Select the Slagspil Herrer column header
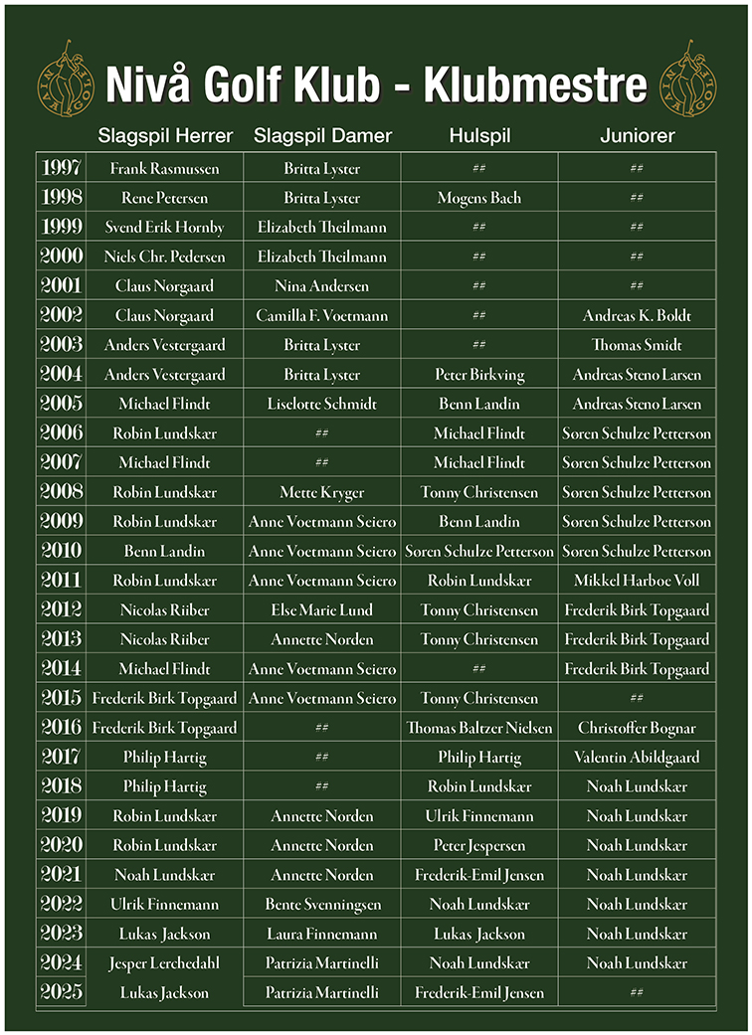pyautogui.click(x=165, y=136)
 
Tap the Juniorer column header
pyautogui.click(x=637, y=136)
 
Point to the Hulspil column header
pyautogui.click(x=479, y=136)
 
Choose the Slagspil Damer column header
pyautogui.click(x=323, y=136)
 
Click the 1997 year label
pyautogui.click(x=62, y=168)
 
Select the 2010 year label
pyautogui.click(x=62, y=551)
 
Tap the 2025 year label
pyautogui.click(x=62, y=992)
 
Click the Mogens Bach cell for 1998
pyautogui.click(x=479, y=198)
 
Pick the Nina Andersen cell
pyautogui.click(x=322, y=286)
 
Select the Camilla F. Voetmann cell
pyautogui.click(x=322, y=316)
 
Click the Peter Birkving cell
pyautogui.click(x=479, y=375)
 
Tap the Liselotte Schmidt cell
pyautogui.click(x=322, y=405)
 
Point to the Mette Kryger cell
pyautogui.click(x=322, y=493)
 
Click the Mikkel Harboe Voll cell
pyautogui.click(x=637, y=581)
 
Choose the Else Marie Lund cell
pyautogui.click(x=322, y=610)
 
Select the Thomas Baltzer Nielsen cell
pyautogui.click(x=479, y=728)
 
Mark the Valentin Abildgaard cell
pyautogui.click(x=637, y=758)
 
